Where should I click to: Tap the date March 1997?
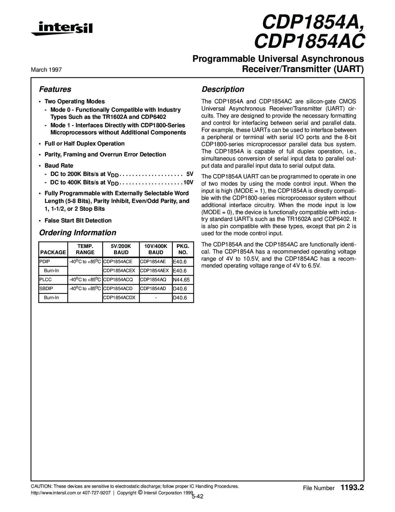pos(46,70)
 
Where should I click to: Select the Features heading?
pos(55,89)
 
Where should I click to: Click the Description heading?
pos(223,89)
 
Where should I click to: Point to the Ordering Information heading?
pos(77,233)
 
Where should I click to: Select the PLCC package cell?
pos(43,280)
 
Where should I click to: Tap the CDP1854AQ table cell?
pos(153,280)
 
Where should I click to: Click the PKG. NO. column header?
pos(183,249)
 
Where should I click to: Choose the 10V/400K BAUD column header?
pos(156,249)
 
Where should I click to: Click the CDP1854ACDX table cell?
pos(119,298)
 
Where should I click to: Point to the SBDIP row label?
pos(46,289)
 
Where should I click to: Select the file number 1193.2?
pos(352,488)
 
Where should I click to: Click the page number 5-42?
pos(197,497)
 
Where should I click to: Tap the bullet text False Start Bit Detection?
pos(78,221)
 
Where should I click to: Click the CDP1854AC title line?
pos(309,41)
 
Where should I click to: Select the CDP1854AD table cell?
pos(153,289)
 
